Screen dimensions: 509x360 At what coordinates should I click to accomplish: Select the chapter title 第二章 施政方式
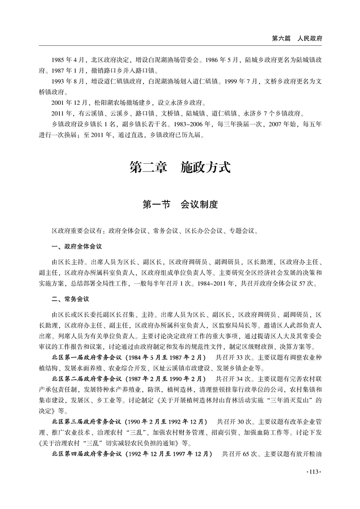click(x=180, y=167)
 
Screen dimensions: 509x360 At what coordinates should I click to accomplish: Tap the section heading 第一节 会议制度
click(x=180, y=205)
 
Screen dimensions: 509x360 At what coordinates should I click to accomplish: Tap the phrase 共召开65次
click(x=240, y=453)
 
